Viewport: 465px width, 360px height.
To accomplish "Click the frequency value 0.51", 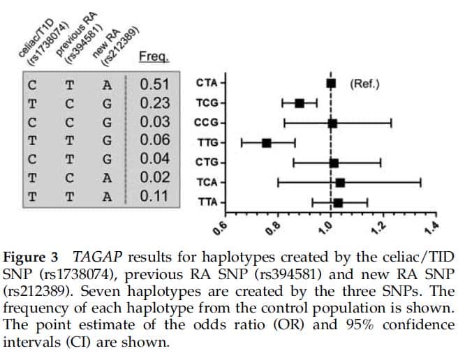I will pos(154,85).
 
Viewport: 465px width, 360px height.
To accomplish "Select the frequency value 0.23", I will pos(154,103).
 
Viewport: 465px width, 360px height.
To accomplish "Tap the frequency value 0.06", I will pos(154,140).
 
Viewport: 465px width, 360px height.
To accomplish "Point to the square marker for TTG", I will pos(266,143).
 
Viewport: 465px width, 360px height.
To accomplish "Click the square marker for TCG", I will pos(299,103).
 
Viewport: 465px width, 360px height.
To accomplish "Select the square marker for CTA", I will pos(331,84).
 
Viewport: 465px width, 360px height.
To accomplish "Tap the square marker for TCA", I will pos(340,183).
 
